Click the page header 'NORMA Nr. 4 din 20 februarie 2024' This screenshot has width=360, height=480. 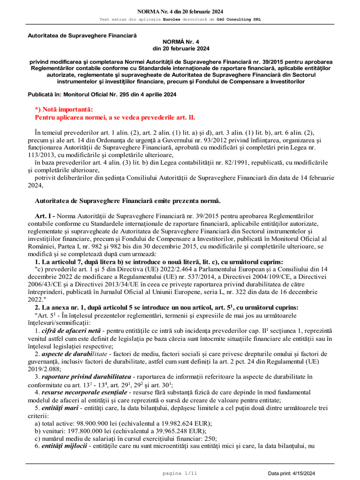180,11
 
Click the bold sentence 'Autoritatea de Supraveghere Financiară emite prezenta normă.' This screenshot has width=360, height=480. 128,201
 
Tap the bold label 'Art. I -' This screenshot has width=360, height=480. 46,216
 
